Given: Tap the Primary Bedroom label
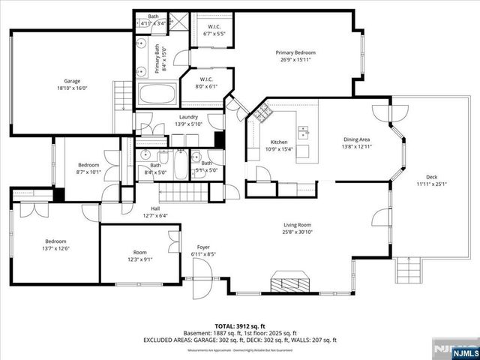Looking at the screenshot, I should pos(295,52).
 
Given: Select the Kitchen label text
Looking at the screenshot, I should pos(279,142).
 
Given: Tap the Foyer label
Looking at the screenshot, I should pos(202,247).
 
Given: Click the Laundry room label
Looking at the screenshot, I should pos(188,116).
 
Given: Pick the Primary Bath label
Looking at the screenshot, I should pos(158,60).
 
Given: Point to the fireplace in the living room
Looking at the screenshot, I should pos(289,282).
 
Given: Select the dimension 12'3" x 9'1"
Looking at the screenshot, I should pos(140,259).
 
